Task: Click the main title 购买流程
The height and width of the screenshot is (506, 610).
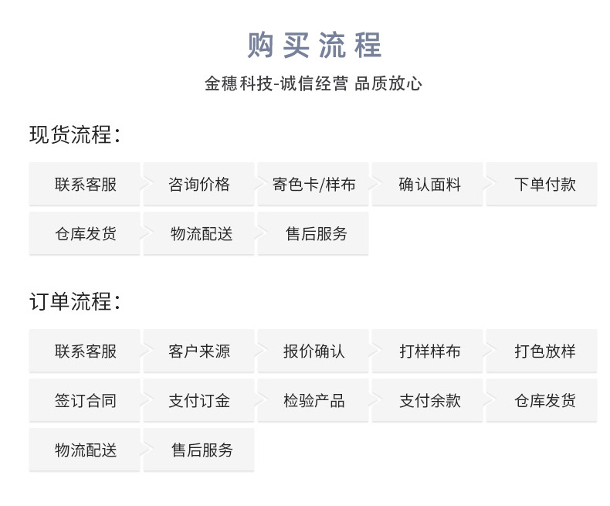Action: [x=313, y=46]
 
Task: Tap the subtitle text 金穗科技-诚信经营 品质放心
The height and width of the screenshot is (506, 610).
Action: [x=313, y=84]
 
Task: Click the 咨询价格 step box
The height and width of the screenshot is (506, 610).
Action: [x=198, y=185]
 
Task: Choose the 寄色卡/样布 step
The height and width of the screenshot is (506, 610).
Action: [x=313, y=185]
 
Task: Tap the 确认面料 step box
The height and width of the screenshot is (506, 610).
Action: [x=429, y=185]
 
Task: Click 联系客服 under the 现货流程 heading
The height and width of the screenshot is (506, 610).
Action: [x=85, y=185]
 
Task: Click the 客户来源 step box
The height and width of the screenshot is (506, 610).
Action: [x=198, y=351]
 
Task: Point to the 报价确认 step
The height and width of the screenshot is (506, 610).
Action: [x=313, y=351]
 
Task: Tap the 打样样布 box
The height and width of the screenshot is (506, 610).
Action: [x=429, y=351]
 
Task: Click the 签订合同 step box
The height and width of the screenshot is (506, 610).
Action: [x=85, y=401]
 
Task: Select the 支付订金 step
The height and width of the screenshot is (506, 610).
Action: [x=198, y=401]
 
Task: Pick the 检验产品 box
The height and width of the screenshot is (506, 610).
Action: [x=313, y=401]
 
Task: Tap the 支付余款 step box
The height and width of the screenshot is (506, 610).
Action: [x=429, y=401]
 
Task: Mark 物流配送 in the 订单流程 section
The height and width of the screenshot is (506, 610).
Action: [x=85, y=450]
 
